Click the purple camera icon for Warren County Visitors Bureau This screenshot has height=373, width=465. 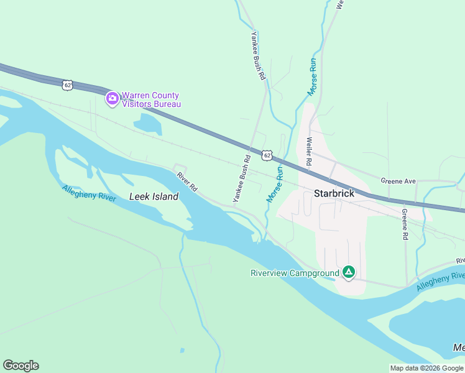point(112,99)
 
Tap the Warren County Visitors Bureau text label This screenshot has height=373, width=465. point(151,99)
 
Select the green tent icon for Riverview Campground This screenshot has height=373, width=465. point(349,272)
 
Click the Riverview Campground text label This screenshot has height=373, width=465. point(295,273)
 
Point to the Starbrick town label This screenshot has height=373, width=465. point(334,193)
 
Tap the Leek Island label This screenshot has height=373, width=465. point(154,196)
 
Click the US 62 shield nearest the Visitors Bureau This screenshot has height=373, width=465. point(67,85)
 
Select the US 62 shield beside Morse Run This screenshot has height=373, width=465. point(267,155)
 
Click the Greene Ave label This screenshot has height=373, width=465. point(398,181)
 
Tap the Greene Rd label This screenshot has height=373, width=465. point(404,224)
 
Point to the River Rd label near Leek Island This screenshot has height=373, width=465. point(186,182)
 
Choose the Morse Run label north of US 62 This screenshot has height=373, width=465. point(313,77)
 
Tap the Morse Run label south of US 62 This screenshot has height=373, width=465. point(275,184)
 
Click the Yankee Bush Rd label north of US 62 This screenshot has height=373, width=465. point(258,56)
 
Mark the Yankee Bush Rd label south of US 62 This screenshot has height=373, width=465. point(241,178)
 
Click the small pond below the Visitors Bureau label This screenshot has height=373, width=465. point(147,124)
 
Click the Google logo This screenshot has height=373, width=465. point(21,366)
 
